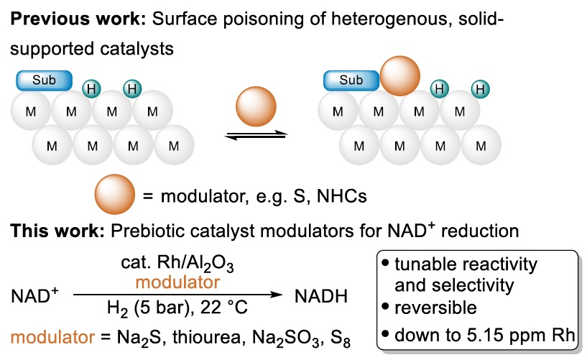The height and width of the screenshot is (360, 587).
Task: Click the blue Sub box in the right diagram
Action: pos(351,80)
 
